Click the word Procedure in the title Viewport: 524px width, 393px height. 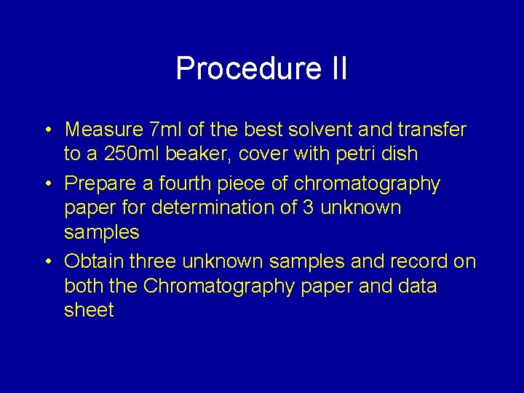pos(245,69)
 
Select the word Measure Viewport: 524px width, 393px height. pos(103,130)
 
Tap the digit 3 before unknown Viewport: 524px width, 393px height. pos(310,208)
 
